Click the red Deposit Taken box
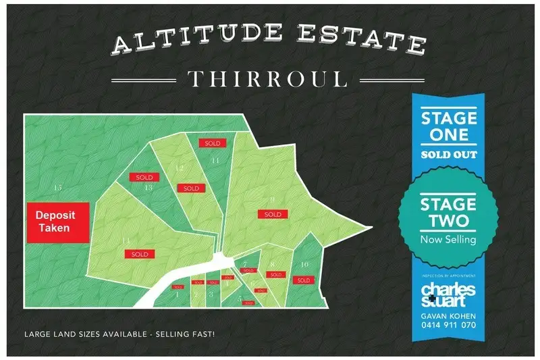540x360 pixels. pyautogui.click(x=57, y=222)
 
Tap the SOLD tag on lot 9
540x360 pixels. pyautogui.click(x=273, y=215)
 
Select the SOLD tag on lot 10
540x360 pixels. pyautogui.click(x=303, y=280)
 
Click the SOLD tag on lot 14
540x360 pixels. pyautogui.click(x=140, y=254)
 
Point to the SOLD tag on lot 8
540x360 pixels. pyautogui.click(x=275, y=275)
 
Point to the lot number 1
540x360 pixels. pyautogui.click(x=178, y=294)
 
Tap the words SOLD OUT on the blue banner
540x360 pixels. pyautogui.click(x=449, y=155)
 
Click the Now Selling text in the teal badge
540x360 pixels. pyautogui.click(x=448, y=239)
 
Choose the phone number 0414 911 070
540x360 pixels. pyautogui.click(x=448, y=325)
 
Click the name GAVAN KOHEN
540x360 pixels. pyautogui.click(x=448, y=315)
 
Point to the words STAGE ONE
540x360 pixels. pyautogui.click(x=449, y=126)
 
